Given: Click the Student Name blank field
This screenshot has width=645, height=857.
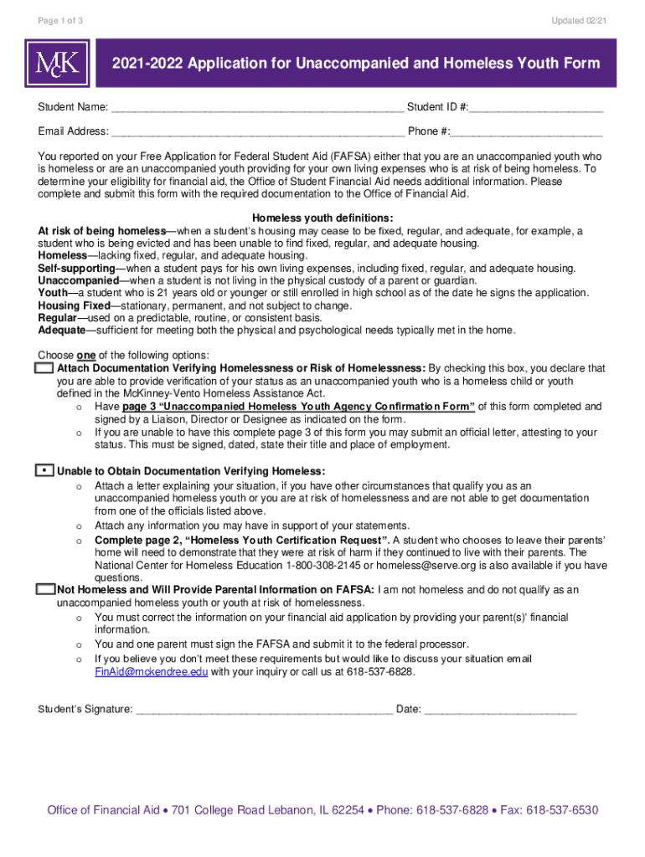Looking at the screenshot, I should (256, 108).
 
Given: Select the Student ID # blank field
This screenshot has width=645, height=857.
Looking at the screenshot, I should (536, 108).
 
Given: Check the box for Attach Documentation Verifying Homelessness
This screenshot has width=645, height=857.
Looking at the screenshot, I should (45, 368).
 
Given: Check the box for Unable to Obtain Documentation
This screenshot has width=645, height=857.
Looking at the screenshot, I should (45, 471).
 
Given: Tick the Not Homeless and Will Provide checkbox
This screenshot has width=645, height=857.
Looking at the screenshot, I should (45, 589).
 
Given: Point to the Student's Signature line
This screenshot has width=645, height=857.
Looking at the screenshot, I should (264, 710).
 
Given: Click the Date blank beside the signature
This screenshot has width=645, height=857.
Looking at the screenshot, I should (500, 710).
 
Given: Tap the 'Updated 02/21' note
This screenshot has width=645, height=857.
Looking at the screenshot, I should (578, 20).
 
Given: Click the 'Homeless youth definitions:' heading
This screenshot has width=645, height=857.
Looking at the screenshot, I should (322, 218).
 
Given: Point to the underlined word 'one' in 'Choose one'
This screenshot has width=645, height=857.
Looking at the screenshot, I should (85, 356).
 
